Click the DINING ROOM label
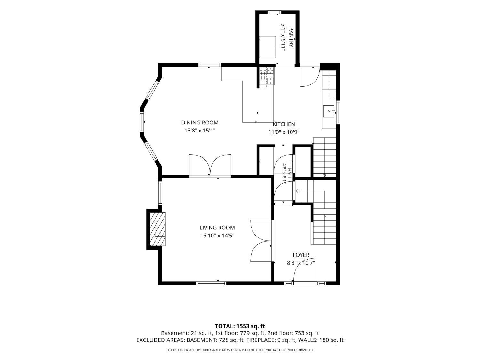(200, 123)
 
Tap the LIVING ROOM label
(217, 228)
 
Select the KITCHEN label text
(284, 124)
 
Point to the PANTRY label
(291, 37)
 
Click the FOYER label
(301, 255)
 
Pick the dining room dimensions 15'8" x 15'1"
(200, 131)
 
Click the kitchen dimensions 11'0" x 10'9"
(284, 132)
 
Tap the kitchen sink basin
(328, 111)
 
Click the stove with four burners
(267, 76)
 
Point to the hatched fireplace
(157, 229)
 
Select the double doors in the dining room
(210, 165)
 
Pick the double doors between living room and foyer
(261, 240)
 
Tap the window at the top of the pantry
(275, 12)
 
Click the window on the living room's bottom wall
(211, 283)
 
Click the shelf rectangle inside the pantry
(268, 47)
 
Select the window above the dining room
(210, 65)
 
